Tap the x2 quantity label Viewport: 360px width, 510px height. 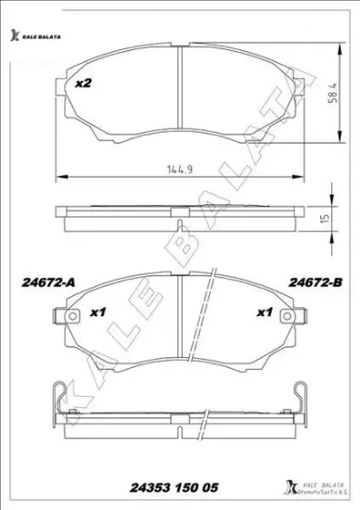[84, 83]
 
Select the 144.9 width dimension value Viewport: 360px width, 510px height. [178, 169]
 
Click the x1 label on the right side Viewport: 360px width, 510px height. [264, 312]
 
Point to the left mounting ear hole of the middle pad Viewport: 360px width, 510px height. [64, 318]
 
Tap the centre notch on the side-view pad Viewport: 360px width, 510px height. [179, 210]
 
